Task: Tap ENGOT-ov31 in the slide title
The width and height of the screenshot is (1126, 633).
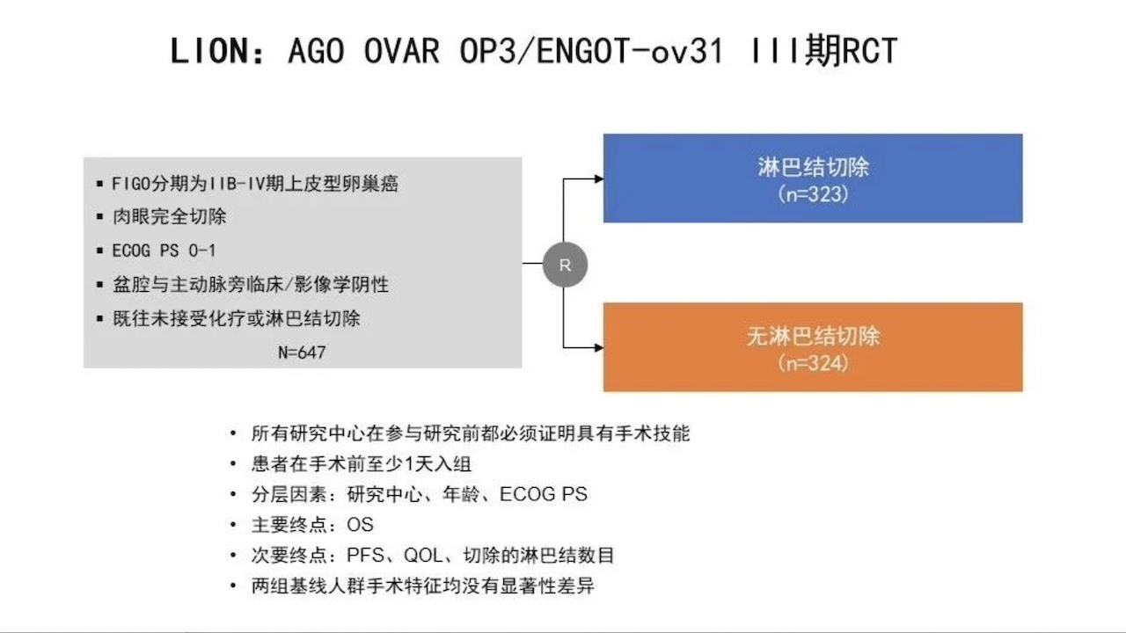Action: (630, 51)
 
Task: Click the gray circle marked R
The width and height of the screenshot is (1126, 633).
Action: (565, 265)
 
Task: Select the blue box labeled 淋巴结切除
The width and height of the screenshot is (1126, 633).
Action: (813, 178)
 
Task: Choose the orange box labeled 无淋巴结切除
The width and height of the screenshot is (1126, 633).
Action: (813, 347)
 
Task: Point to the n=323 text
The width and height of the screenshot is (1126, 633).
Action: (814, 194)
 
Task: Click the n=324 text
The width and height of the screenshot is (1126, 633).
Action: (814, 364)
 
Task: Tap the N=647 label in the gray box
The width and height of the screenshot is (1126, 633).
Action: (302, 353)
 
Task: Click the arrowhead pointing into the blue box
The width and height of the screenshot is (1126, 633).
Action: (599, 178)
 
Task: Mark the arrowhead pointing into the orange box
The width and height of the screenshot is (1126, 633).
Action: (599, 347)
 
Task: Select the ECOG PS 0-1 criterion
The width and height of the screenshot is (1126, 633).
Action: (164, 251)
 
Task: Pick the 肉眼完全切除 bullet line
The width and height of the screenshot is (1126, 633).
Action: (170, 217)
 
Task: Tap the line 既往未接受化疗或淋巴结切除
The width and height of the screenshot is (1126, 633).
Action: (237, 318)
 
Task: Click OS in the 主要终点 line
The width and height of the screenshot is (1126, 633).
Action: (360, 525)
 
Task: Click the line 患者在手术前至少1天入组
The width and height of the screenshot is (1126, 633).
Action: (362, 464)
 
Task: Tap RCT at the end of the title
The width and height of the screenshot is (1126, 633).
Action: (870, 51)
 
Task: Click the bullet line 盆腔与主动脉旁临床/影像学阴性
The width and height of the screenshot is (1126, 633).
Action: (251, 285)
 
